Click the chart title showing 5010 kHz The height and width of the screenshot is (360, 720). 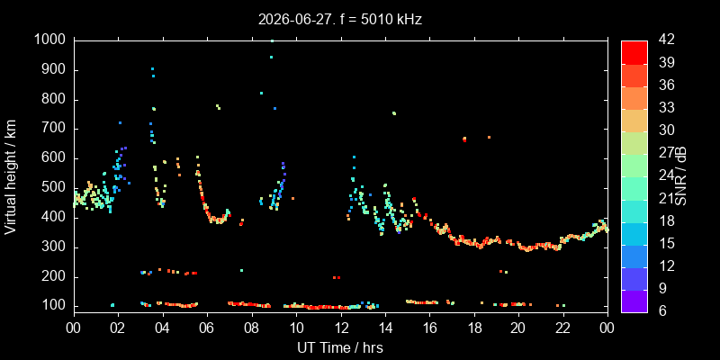click(340, 19)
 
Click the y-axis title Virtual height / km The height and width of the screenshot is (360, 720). click(10, 176)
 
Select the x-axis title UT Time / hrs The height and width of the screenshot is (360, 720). click(340, 347)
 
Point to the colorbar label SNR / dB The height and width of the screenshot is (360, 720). click(681, 176)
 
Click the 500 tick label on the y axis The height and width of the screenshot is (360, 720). click(57, 188)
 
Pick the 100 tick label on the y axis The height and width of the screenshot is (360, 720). click(57, 306)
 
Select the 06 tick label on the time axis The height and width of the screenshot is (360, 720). click(207, 328)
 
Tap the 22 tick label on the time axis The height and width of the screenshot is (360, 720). click(563, 328)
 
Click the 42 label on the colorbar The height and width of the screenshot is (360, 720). click(665, 40)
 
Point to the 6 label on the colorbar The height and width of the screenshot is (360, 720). click(661, 310)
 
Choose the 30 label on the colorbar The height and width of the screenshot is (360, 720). click(665, 130)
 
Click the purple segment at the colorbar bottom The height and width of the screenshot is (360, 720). click(634, 301)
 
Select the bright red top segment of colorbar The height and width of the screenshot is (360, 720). click(634, 52)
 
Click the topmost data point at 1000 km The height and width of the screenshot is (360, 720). click(272, 40)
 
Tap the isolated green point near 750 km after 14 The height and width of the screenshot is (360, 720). click(394, 113)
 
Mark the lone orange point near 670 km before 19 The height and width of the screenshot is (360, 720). click(489, 137)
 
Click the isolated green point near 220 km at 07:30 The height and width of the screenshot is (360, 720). click(241, 271)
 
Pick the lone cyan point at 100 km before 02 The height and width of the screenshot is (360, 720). click(112, 305)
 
